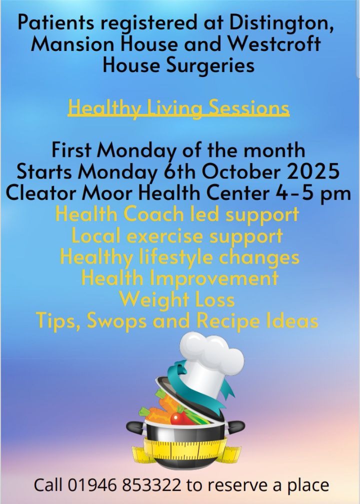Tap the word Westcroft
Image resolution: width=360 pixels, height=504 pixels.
click(x=274, y=43)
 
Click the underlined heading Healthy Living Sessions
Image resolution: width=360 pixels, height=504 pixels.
click(x=178, y=108)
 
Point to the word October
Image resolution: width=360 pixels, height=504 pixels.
click(x=241, y=171)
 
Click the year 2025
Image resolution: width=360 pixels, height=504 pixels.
click(x=313, y=171)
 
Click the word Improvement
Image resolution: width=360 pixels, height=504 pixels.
click(x=214, y=278)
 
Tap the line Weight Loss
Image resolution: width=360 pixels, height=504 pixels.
click(x=177, y=299)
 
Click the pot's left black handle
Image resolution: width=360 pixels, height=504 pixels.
click(x=135, y=427)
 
